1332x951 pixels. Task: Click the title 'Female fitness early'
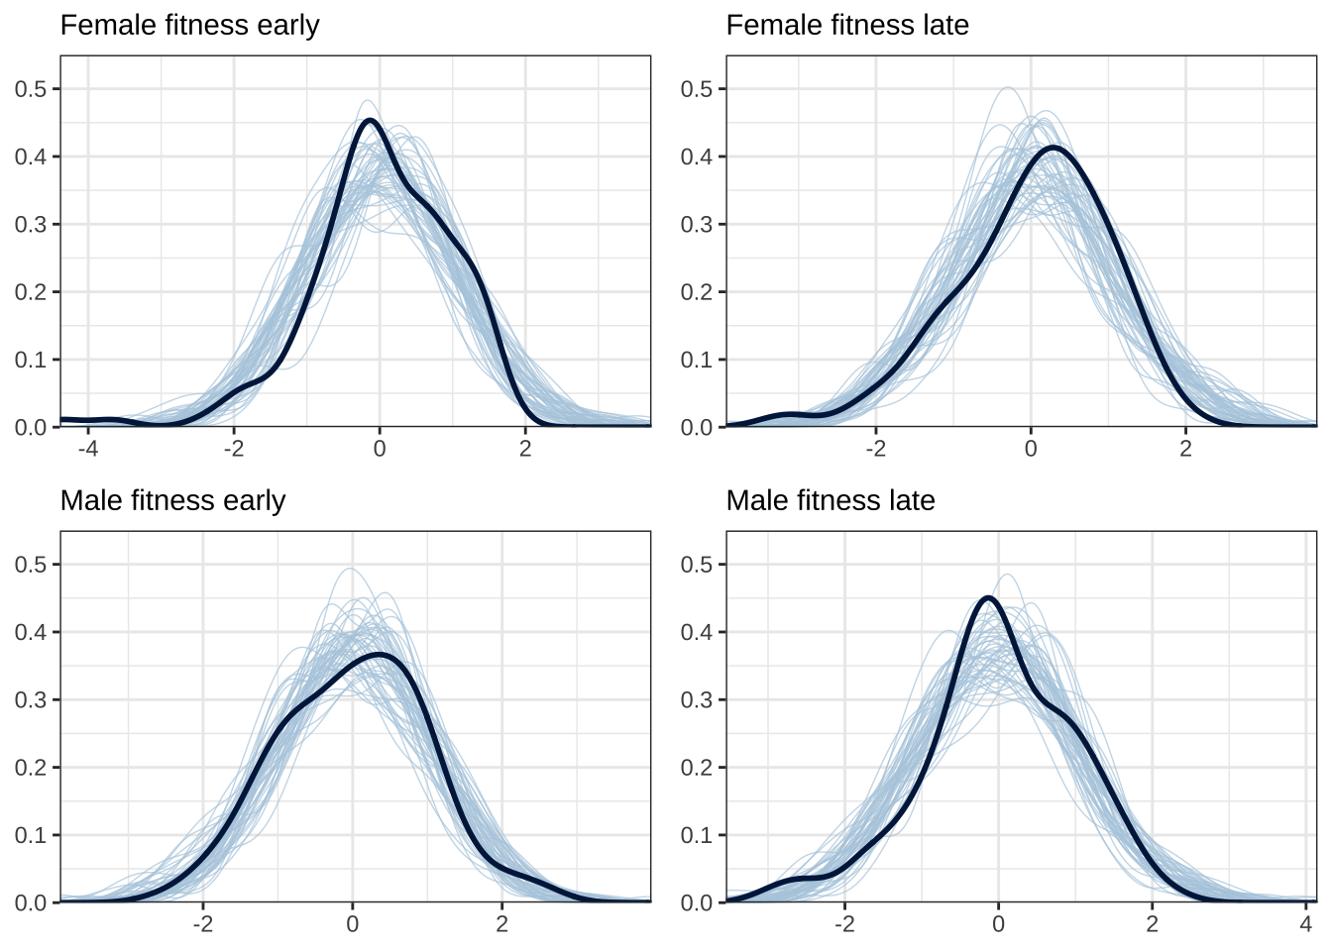pyautogui.click(x=189, y=25)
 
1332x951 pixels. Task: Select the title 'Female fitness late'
pyautogui.click(x=847, y=25)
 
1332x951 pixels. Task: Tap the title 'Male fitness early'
pyautogui.click(x=172, y=500)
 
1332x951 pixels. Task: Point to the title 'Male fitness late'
pyautogui.click(x=831, y=500)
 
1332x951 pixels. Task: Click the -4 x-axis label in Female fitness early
pyautogui.click(x=87, y=448)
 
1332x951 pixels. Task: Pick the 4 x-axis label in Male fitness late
pyautogui.click(x=1305, y=923)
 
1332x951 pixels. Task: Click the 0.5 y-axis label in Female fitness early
pyautogui.click(x=31, y=89)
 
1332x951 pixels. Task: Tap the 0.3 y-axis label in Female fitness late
pyautogui.click(x=697, y=225)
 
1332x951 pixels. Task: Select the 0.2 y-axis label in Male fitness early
pyautogui.click(x=31, y=768)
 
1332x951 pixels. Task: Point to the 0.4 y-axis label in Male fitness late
pyautogui.click(x=697, y=632)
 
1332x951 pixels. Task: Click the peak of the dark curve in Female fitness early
pyautogui.click(x=370, y=121)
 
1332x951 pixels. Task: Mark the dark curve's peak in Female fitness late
pyautogui.click(x=1053, y=148)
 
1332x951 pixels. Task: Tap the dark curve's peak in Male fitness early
pyautogui.click(x=381, y=655)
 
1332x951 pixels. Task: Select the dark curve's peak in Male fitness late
pyautogui.click(x=987, y=597)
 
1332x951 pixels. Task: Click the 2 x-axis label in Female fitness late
pyautogui.click(x=1185, y=448)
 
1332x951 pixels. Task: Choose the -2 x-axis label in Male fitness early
pyautogui.click(x=201, y=923)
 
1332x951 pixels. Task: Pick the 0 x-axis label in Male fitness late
pyautogui.click(x=998, y=923)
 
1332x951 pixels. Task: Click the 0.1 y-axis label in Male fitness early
pyautogui.click(x=31, y=835)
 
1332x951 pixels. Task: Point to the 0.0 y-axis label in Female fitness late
pyautogui.click(x=697, y=427)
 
